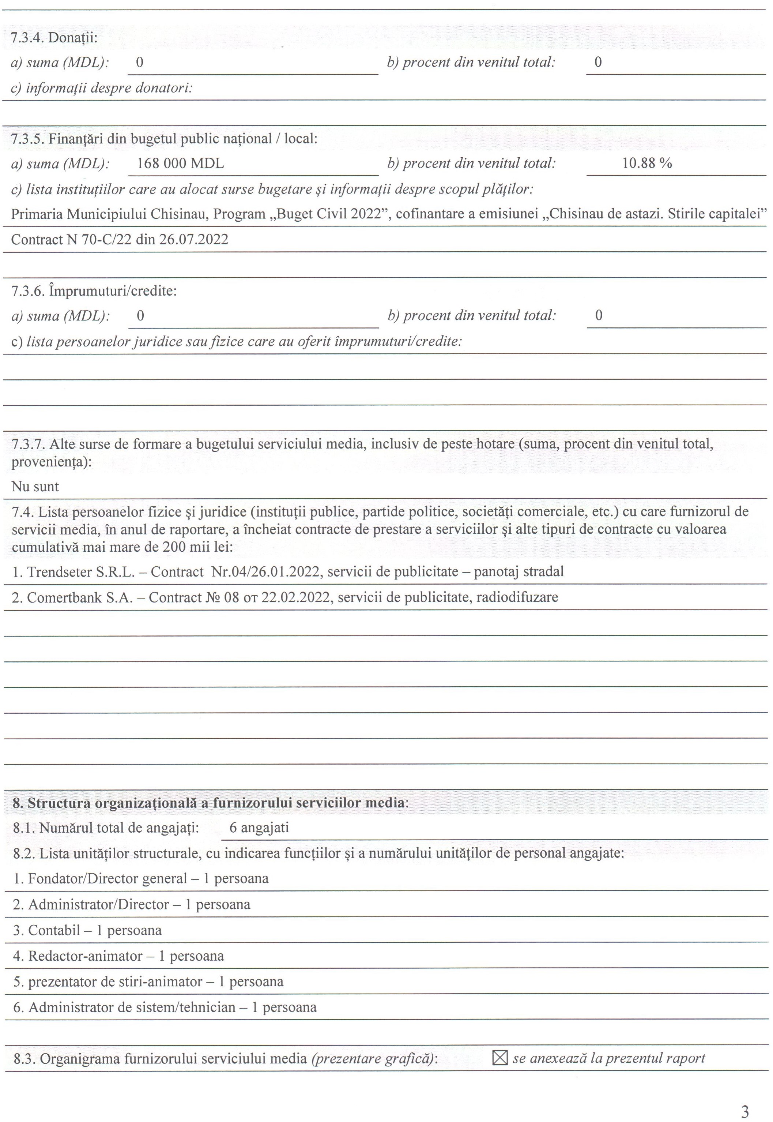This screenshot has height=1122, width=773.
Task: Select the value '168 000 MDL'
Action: [x=180, y=163]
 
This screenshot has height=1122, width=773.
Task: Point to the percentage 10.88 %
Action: [x=647, y=163]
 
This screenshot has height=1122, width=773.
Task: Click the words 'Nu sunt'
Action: [x=35, y=487]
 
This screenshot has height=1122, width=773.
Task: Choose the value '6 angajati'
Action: [x=259, y=827]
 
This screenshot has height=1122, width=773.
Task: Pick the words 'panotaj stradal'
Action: [x=519, y=572]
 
